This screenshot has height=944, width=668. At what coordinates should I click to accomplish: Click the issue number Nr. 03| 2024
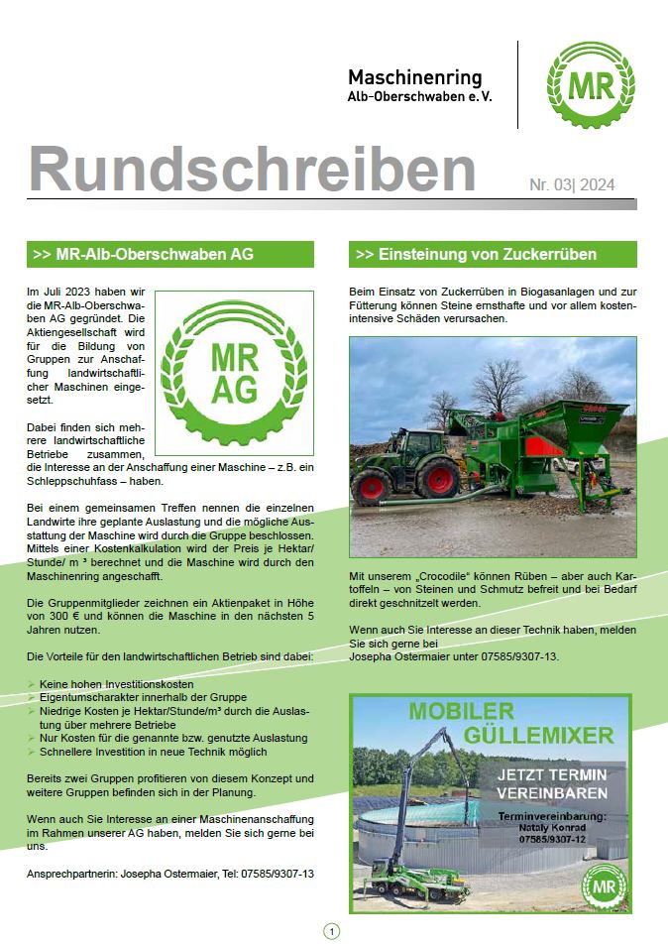[x=571, y=184]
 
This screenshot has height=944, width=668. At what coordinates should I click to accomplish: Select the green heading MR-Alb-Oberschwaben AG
[x=144, y=254]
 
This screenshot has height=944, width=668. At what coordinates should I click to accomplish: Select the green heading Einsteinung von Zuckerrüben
[x=476, y=254]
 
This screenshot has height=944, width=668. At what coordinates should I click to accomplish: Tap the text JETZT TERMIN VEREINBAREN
[x=554, y=784]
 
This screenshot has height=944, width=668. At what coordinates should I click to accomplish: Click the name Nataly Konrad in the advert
[x=552, y=826]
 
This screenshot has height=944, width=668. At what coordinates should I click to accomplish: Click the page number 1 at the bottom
[x=331, y=930]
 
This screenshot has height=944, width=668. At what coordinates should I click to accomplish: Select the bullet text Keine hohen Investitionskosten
[x=117, y=684]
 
